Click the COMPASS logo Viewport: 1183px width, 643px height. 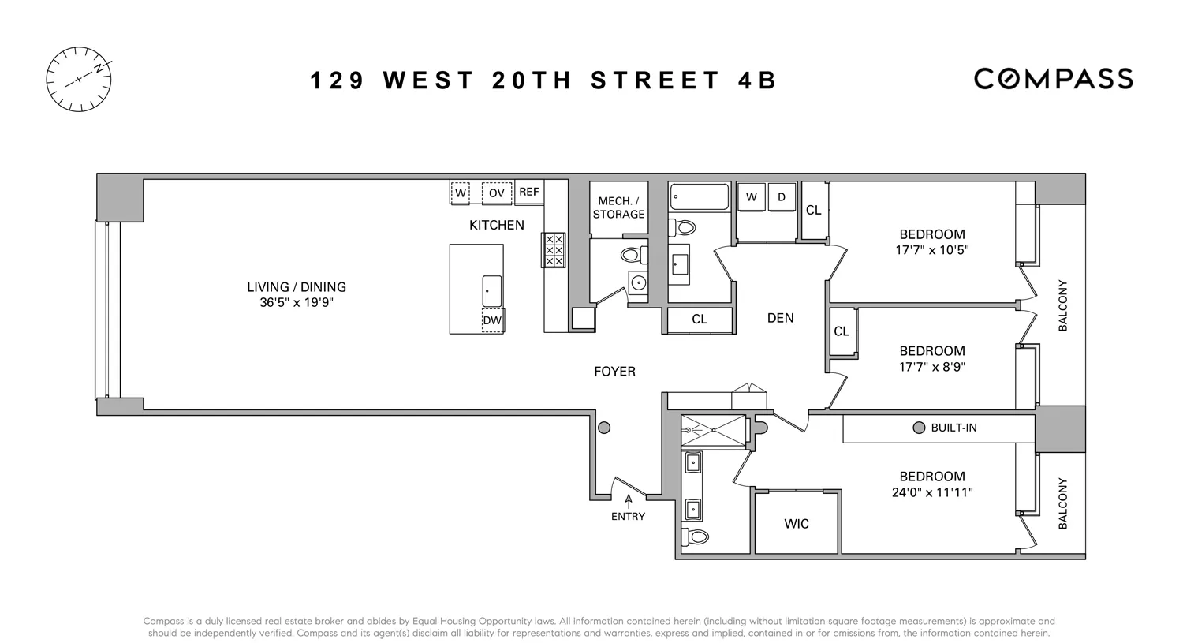(1053, 79)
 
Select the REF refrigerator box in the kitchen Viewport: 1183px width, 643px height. (529, 192)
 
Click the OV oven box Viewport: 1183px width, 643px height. (496, 193)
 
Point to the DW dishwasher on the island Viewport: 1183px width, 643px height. (492, 320)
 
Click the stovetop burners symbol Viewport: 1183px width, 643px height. (554, 250)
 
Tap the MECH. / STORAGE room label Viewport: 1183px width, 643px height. (619, 207)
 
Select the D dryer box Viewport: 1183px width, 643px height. (782, 197)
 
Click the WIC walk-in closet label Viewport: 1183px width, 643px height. (797, 524)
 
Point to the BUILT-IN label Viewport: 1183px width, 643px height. (953, 428)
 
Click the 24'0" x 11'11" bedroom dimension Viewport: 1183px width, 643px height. (932, 492)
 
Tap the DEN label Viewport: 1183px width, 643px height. (780, 318)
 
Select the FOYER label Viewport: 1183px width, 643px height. (614, 372)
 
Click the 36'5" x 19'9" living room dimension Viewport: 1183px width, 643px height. (297, 302)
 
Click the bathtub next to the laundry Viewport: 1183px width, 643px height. (699, 196)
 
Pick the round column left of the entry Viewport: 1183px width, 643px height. (604, 428)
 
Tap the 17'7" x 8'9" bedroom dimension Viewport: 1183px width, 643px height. (932, 367)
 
